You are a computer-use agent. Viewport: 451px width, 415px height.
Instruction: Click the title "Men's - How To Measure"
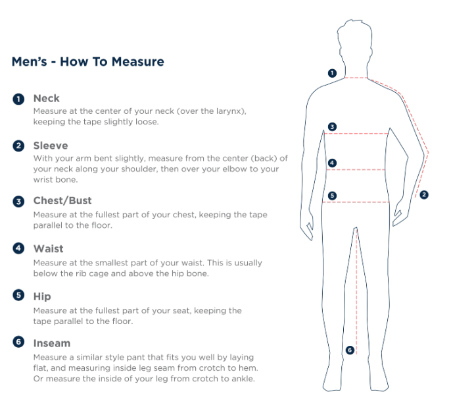tap(87, 62)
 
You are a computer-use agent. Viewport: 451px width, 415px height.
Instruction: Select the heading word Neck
tap(46, 98)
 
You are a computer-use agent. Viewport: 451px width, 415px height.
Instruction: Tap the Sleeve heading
tap(51, 146)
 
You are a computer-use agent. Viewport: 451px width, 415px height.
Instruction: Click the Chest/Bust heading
tap(62, 200)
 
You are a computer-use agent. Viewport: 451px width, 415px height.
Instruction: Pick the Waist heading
tap(49, 249)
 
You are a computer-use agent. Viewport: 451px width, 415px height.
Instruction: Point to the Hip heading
tap(42, 296)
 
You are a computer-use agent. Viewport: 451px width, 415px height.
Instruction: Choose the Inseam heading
tap(52, 343)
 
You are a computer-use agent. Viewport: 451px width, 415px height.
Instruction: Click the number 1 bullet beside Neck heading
tap(18, 99)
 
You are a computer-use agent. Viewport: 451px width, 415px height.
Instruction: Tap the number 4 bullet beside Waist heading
tap(18, 248)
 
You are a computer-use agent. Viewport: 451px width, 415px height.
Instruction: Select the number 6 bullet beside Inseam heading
tap(18, 342)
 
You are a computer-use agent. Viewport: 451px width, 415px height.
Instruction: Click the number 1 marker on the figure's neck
tap(332, 73)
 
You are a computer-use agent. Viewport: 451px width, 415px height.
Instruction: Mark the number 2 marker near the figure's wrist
tap(424, 195)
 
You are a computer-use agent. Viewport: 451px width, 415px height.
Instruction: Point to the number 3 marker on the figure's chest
tap(332, 126)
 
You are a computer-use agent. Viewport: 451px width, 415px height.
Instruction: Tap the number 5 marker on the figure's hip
tap(332, 196)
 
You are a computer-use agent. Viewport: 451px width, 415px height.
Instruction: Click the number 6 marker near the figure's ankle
tap(350, 350)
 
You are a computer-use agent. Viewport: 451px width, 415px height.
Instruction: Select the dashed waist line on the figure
tap(356, 170)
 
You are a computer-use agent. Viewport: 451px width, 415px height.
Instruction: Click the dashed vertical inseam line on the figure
tap(356, 291)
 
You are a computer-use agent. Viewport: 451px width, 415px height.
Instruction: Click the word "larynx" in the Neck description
tap(230, 111)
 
